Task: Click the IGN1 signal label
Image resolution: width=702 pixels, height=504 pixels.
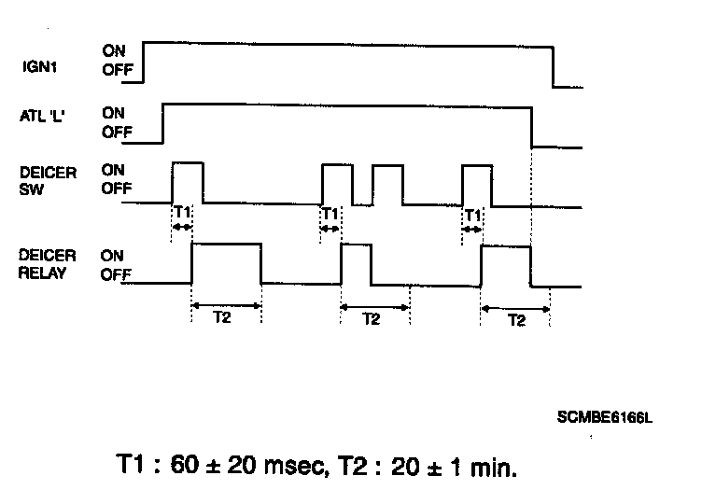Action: pos(40,66)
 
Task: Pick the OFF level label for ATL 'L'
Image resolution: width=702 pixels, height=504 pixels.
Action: pos(117,132)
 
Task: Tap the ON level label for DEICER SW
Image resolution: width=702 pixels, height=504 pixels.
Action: pos(114,171)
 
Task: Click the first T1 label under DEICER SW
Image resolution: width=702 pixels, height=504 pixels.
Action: pos(182,213)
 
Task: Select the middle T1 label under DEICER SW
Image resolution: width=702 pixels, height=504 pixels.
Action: pos(329,213)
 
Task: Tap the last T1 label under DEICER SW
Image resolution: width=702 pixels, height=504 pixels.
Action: pos(472,214)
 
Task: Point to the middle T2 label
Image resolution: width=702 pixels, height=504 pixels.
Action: pos(372,318)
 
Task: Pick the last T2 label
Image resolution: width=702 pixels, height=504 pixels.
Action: pos(514,318)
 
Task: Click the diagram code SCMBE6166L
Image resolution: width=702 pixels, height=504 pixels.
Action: pos(605,417)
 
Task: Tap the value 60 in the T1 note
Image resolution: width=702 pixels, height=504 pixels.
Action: pos(184,465)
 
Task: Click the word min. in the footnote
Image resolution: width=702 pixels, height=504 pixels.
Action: pos(491,465)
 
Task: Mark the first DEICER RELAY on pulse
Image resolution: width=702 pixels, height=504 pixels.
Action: pos(226,263)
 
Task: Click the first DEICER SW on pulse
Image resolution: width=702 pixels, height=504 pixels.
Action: pos(188,181)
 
